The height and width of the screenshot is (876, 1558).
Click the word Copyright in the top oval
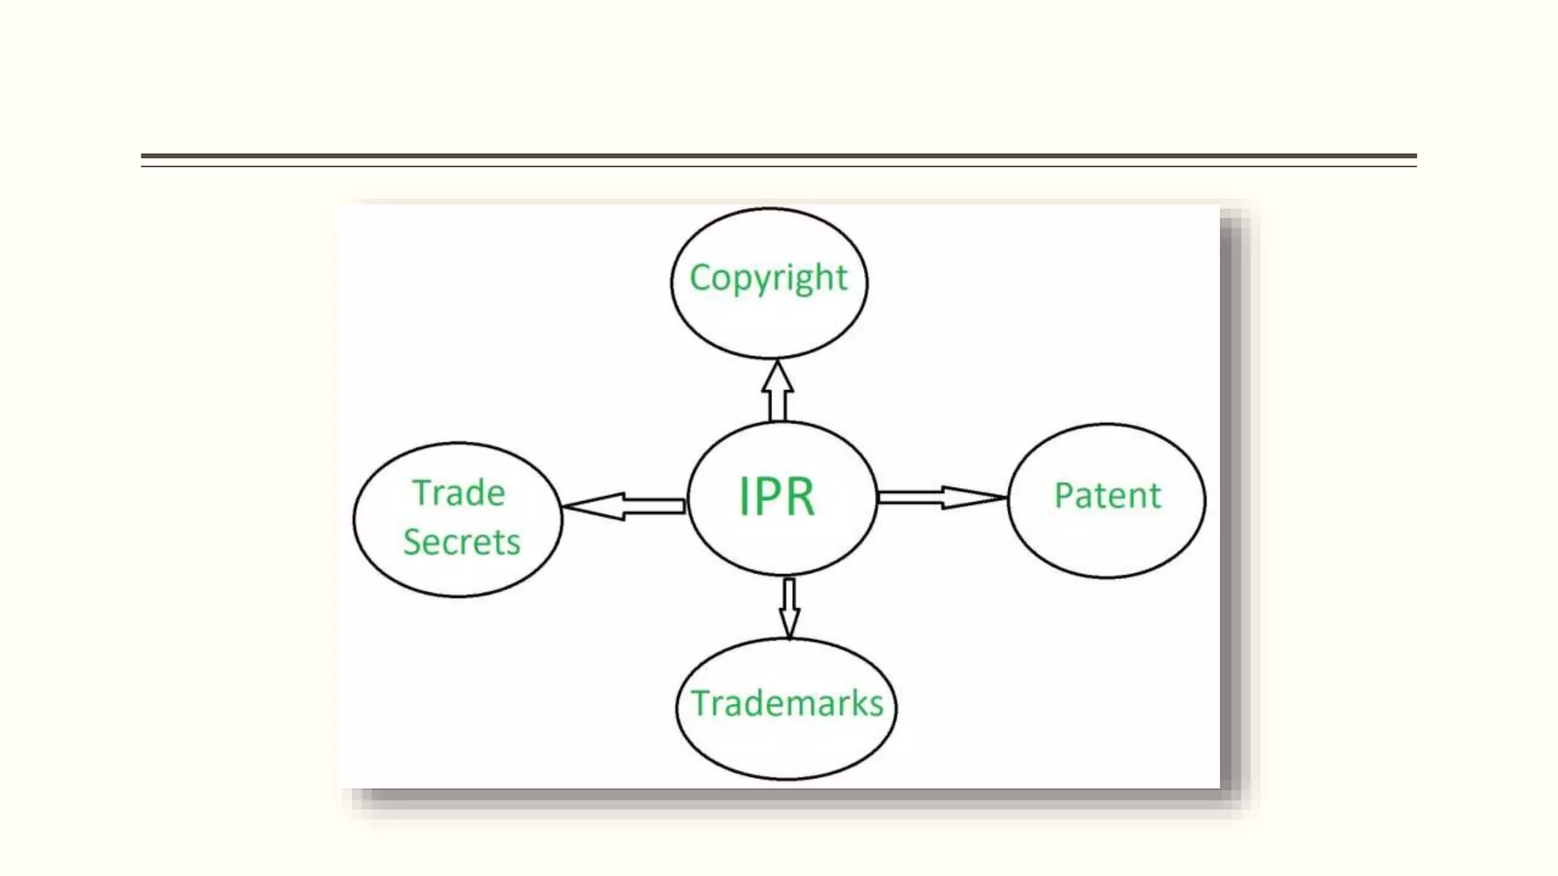768,278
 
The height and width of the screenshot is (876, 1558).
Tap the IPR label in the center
777,497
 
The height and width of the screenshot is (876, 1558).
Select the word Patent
1107,496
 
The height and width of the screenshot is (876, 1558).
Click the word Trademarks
787,703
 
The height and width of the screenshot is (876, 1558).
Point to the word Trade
459,494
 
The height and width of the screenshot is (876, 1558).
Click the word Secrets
462,542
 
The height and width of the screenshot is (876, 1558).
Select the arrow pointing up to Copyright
777,391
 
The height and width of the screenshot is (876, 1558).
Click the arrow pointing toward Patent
942,497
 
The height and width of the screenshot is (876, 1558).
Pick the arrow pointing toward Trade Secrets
624,506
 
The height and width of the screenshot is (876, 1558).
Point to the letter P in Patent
1064,496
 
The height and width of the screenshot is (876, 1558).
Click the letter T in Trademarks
701,703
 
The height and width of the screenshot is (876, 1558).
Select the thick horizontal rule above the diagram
778,156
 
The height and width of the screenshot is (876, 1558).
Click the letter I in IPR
743,497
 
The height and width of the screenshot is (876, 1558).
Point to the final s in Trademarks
876,706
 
